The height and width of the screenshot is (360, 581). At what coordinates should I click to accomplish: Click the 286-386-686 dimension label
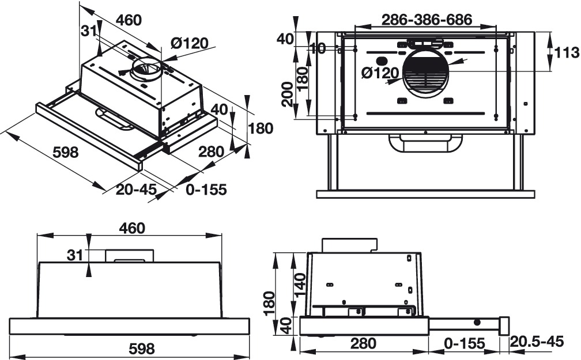pyautogui.click(x=427, y=20)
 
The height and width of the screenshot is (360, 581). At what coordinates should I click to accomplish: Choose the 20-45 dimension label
pyautogui.click(x=136, y=190)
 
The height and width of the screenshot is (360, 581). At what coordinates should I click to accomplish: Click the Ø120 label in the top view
pyautogui.click(x=380, y=73)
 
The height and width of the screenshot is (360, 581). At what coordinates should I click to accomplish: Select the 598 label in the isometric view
pyautogui.click(x=65, y=153)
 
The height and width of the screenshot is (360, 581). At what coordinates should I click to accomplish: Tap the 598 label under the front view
pyautogui.click(x=141, y=348)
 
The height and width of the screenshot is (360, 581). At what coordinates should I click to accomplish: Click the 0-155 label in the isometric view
pyautogui.click(x=206, y=190)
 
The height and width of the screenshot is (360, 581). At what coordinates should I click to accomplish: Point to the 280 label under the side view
pyautogui.click(x=363, y=344)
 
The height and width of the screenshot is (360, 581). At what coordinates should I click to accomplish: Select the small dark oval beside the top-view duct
pyautogui.click(x=380, y=60)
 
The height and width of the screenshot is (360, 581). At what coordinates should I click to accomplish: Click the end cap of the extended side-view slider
pyautogui.click(x=504, y=326)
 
